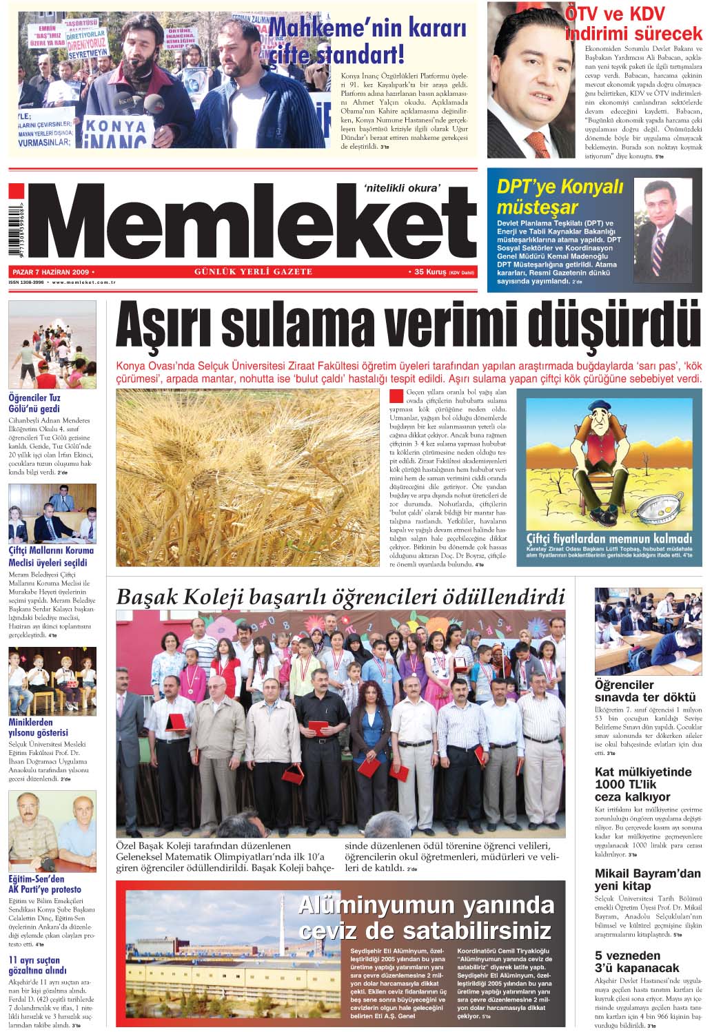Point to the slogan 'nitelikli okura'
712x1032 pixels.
[401, 185]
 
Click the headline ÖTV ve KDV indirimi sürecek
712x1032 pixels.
[633, 24]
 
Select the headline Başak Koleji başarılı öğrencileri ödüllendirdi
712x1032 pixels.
[340, 596]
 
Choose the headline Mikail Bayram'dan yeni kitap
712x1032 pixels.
[647, 879]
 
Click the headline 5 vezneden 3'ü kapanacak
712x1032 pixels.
[637, 962]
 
